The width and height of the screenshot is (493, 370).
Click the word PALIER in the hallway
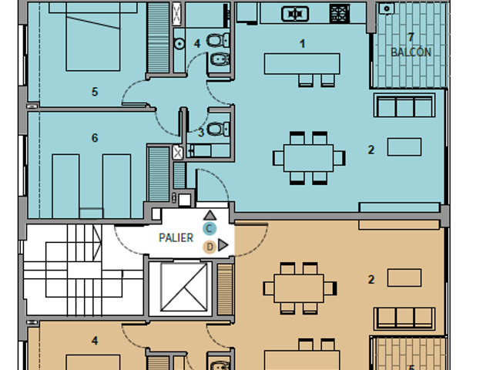pos(176,238)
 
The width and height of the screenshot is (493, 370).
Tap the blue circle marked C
pos(210,228)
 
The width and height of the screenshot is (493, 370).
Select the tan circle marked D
pos(210,247)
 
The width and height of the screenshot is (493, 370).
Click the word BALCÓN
pos(411,52)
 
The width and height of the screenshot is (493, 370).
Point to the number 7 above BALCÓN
pos(411,38)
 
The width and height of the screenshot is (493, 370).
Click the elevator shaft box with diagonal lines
pos(184,288)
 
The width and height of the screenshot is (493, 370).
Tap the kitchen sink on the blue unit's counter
pos(295,14)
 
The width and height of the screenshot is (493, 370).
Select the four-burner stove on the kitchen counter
pos(340,14)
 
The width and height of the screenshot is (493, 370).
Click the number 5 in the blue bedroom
pos(95,92)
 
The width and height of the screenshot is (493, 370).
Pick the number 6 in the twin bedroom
pos(95,138)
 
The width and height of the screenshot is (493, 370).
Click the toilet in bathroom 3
pos(218,129)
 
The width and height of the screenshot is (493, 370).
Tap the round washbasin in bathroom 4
pos(179,44)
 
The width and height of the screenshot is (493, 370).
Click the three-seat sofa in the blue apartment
pos(404,105)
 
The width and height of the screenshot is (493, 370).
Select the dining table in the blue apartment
pos(308,158)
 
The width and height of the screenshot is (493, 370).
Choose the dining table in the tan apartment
pos(299,288)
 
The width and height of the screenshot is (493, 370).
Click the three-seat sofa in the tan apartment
pos(404,318)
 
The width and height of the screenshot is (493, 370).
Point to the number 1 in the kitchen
pos(303,44)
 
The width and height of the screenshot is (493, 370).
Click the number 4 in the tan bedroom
pos(95,341)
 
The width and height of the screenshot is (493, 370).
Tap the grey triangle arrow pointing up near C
pos(210,216)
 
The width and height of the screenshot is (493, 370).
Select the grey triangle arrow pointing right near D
pos(223,245)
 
